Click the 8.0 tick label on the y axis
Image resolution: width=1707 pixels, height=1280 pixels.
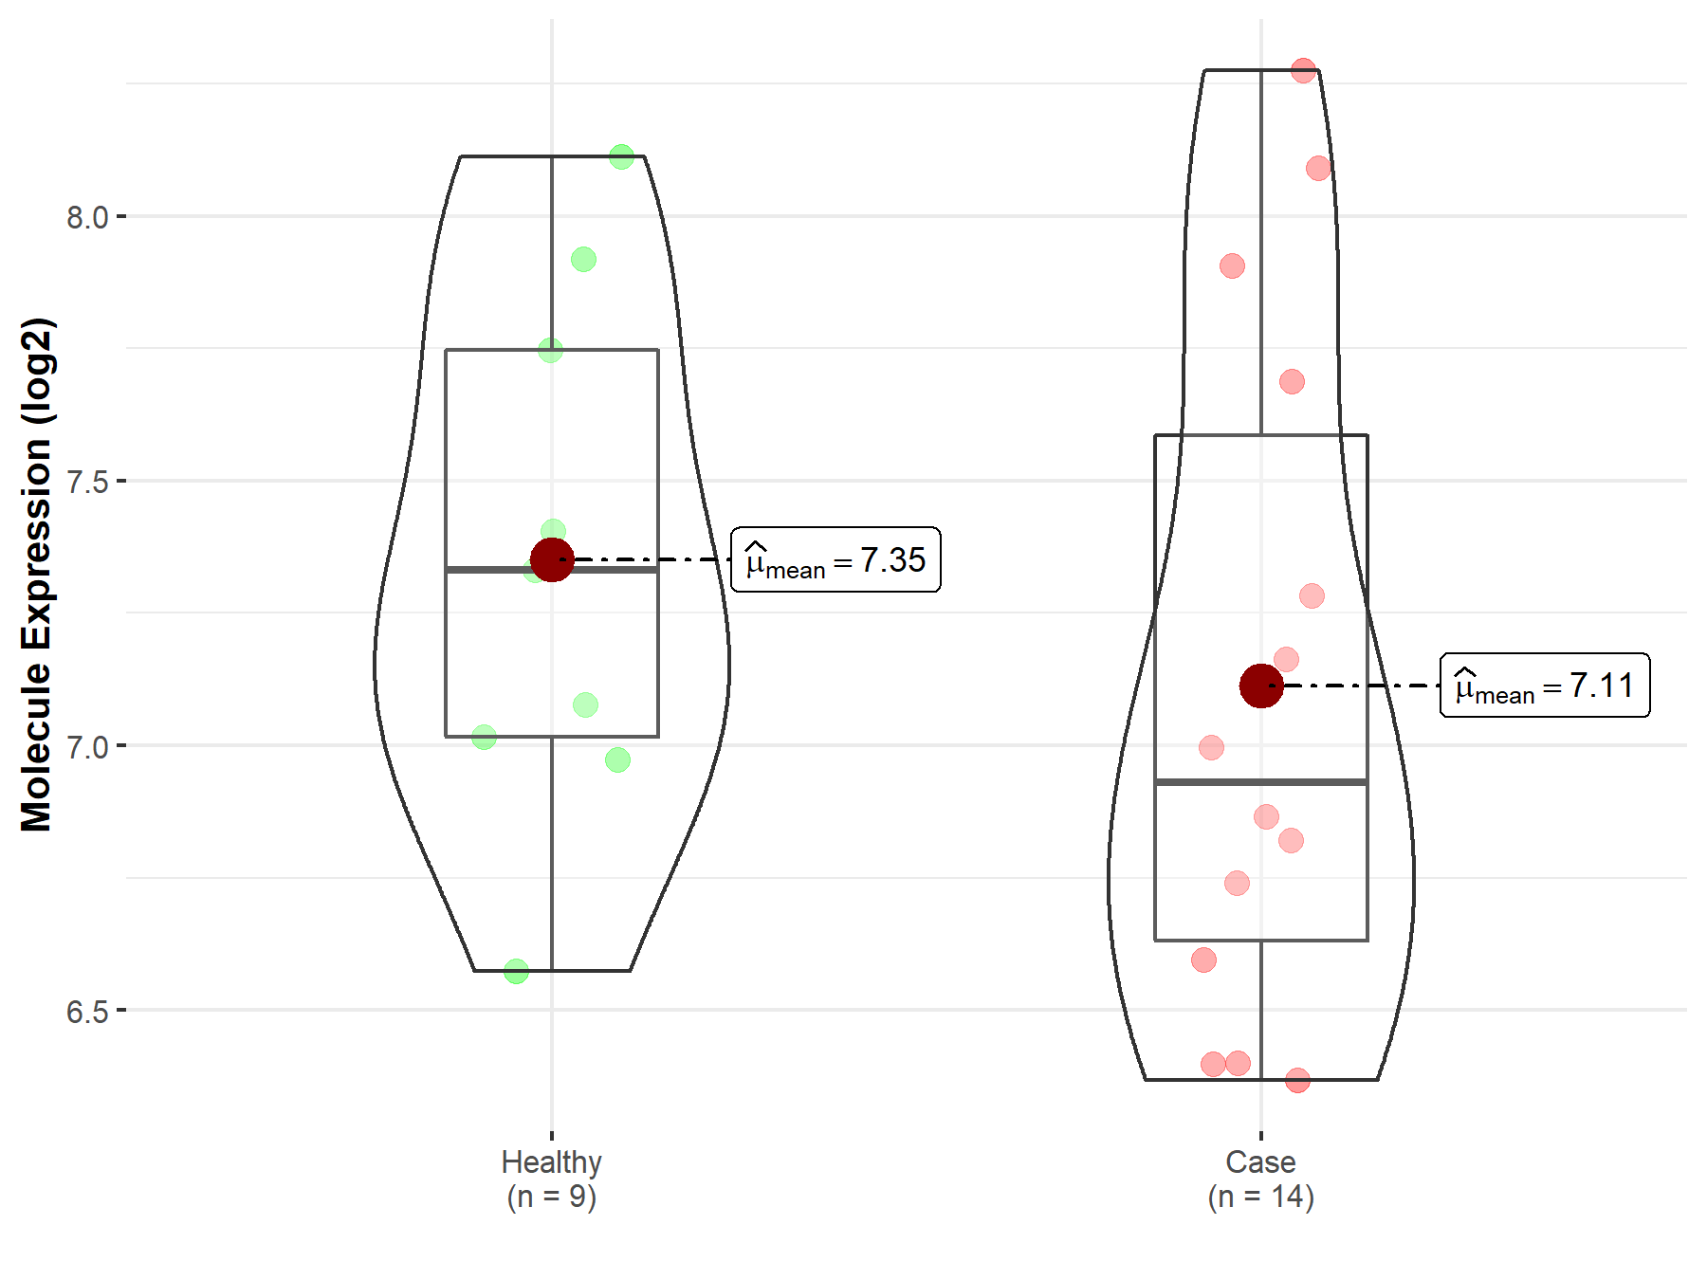[87, 217]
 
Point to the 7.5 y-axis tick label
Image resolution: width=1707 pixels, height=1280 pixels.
[87, 482]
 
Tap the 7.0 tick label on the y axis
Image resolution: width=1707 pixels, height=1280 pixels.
[87, 746]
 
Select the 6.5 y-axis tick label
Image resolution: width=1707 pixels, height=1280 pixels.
[87, 1011]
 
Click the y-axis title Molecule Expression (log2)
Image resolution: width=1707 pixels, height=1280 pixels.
[37, 575]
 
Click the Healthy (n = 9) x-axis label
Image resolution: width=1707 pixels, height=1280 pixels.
[552, 1179]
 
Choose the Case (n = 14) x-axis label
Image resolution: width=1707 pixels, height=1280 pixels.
[1261, 1179]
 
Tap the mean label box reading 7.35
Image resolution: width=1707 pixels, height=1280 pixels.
[835, 559]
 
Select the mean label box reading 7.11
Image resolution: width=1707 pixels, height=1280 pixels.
[1545, 685]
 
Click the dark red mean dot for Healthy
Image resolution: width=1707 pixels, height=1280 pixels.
[552, 559]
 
